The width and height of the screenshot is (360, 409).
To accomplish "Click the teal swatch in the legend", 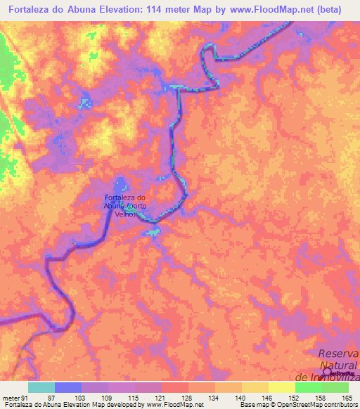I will point(41,387).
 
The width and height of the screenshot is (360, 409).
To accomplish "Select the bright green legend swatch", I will point(309,387).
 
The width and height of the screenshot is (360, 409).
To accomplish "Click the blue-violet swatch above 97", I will point(68,387).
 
